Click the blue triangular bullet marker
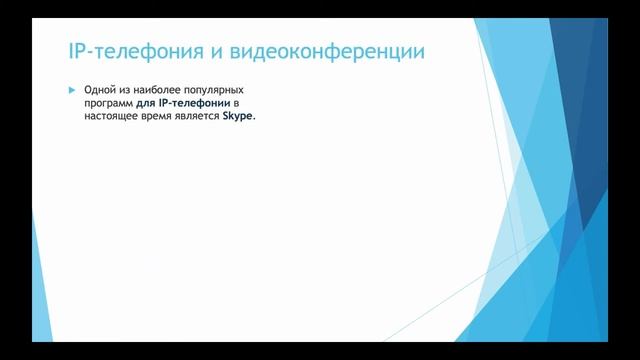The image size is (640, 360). coord(72,90)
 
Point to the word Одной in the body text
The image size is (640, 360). coord(102,90)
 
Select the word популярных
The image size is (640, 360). coord(216,90)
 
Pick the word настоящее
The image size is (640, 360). coord(114,116)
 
